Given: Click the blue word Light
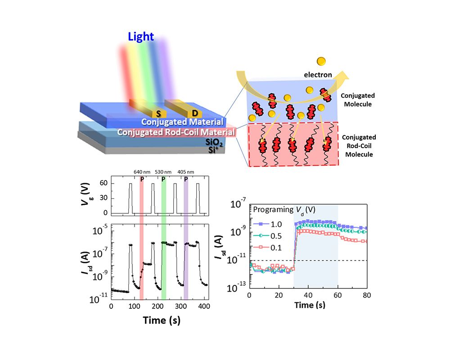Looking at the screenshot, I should [x=141, y=36].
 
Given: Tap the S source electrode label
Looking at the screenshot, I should [x=158, y=112].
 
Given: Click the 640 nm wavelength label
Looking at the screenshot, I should [x=142, y=171].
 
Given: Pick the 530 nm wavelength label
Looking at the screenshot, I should [x=163, y=171].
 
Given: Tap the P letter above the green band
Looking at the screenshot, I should [x=163, y=179].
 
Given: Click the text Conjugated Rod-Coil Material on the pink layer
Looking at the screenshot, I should [x=176, y=132].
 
